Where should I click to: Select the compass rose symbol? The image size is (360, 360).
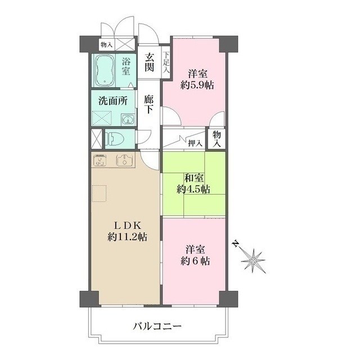tap(254, 260)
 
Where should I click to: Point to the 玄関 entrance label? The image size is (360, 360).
tap(149, 62)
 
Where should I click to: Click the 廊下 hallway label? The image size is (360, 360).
tap(149, 103)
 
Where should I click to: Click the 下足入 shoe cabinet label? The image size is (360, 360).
tap(166, 58)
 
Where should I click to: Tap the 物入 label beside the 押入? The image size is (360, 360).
tap(217, 139)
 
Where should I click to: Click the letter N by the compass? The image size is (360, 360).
tap(236, 244)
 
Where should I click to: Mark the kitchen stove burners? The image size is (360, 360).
tap(101, 161)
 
